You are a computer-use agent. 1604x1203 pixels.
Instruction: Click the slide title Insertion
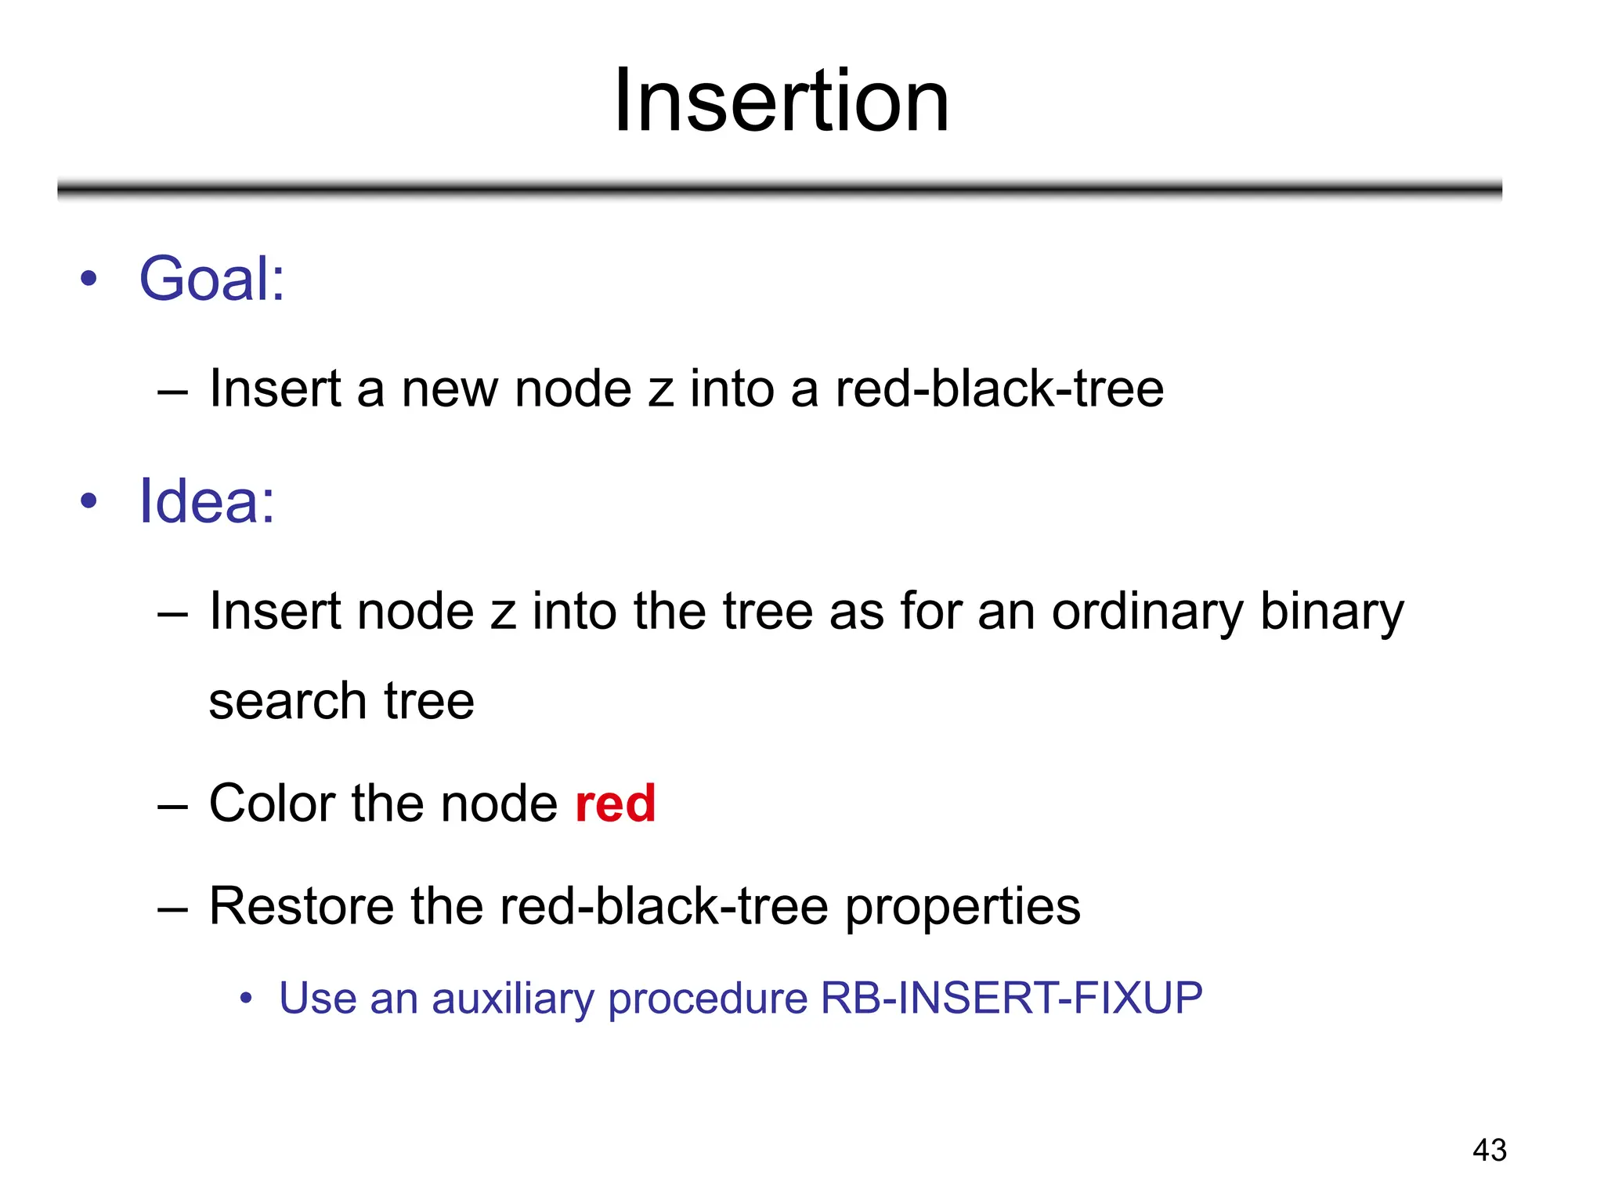781,102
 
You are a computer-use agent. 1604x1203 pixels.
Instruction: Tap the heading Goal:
211,279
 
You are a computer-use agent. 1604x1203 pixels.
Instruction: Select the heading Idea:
207,501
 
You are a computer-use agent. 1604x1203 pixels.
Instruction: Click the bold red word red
615,804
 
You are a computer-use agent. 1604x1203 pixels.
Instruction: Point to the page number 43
1489,1150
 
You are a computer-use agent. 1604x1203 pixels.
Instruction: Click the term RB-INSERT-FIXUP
1011,998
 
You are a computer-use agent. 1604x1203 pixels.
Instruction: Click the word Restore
301,906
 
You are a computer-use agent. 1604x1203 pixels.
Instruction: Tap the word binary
1331,613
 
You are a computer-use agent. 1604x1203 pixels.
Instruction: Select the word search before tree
287,701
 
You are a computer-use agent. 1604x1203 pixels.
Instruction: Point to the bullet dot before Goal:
89,279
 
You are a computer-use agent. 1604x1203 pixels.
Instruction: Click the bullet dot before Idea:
89,501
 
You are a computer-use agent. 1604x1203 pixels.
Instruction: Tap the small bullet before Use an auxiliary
246,999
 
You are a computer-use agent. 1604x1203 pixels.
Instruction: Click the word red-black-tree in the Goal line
999,389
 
